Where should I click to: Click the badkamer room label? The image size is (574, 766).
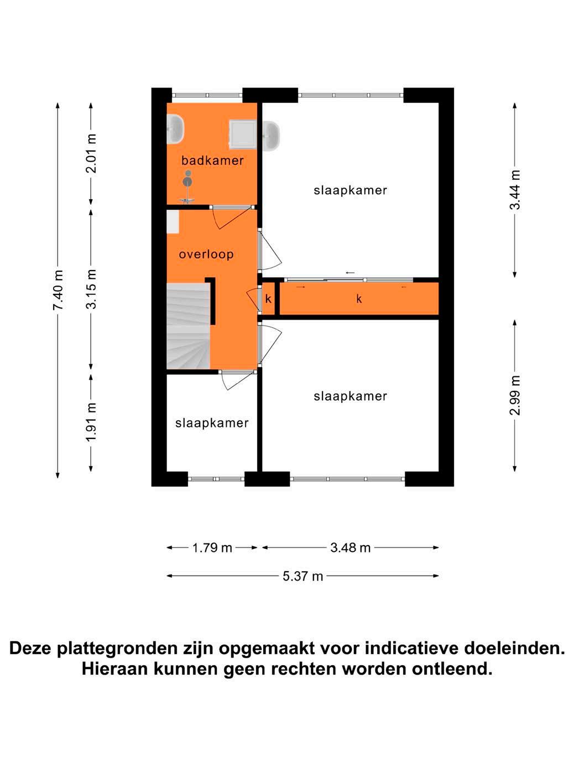pyautogui.click(x=212, y=161)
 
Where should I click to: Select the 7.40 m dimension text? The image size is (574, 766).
pyautogui.click(x=58, y=289)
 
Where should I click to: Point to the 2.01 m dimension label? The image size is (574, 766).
pyautogui.click(x=91, y=153)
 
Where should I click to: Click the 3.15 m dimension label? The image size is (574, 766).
pyautogui.click(x=91, y=289)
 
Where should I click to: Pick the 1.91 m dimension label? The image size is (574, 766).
pyautogui.click(x=91, y=422)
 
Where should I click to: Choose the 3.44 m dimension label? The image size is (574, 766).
pyautogui.click(x=515, y=189)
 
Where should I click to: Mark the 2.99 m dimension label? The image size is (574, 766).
pyautogui.click(x=515, y=395)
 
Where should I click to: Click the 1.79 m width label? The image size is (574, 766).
pyautogui.click(x=212, y=547)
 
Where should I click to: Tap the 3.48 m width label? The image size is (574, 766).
pyautogui.click(x=350, y=547)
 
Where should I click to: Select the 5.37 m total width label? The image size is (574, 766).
pyautogui.click(x=303, y=576)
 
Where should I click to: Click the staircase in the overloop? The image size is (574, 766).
pyautogui.click(x=188, y=326)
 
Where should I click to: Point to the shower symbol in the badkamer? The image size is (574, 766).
pyautogui.click(x=187, y=187)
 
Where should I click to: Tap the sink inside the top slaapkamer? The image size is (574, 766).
pyautogui.click(x=271, y=136)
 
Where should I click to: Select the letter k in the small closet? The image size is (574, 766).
pyautogui.click(x=268, y=299)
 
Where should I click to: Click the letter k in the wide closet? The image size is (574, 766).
pyautogui.click(x=359, y=299)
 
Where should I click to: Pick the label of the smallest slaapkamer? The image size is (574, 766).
pyautogui.click(x=212, y=423)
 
